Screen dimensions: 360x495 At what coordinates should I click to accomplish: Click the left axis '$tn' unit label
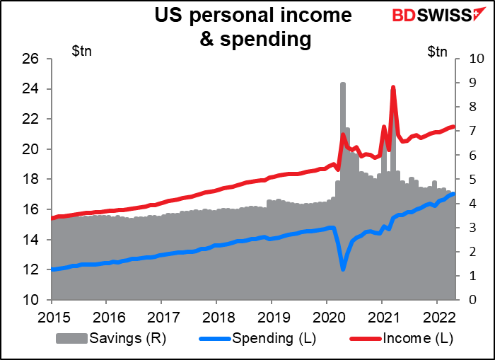tap(83, 50)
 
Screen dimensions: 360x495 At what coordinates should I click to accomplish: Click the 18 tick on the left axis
tap(30, 180)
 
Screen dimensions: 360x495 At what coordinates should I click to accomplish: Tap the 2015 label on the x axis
tap(50, 316)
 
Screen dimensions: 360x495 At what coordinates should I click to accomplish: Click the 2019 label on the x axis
tap(272, 316)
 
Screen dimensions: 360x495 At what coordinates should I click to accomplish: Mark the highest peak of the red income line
tap(392, 88)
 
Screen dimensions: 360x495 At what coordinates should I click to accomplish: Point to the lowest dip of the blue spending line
tap(343, 269)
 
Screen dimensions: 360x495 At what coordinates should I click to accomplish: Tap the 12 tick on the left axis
tap(30, 270)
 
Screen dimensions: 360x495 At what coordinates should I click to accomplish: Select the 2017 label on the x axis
tap(161, 316)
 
